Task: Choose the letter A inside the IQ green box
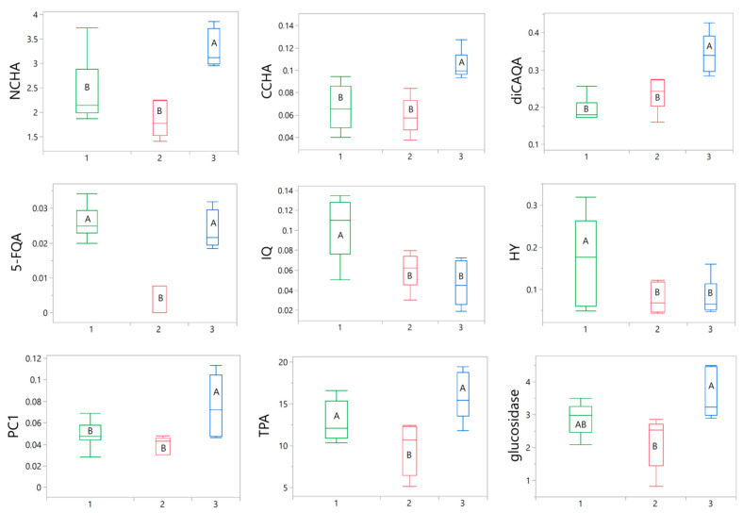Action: point(340,235)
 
